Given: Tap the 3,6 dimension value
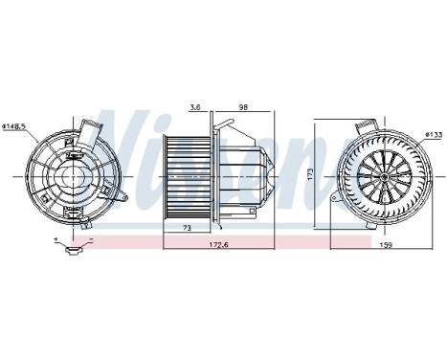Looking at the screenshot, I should tap(195, 107).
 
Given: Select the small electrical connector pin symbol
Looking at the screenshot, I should tap(73, 252).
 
